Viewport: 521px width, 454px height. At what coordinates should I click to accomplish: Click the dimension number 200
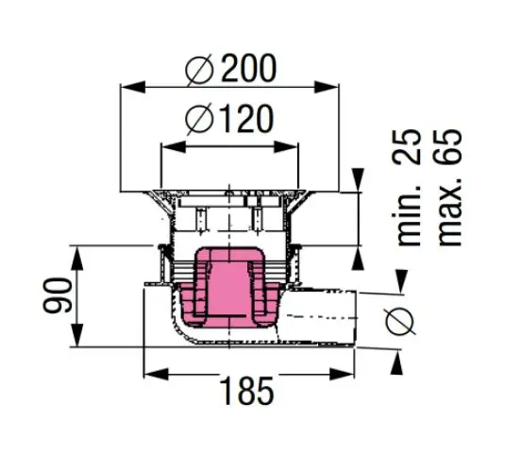[x=248, y=68]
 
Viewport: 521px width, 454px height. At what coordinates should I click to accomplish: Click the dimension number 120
[x=247, y=119]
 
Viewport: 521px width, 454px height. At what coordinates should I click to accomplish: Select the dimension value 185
[x=247, y=391]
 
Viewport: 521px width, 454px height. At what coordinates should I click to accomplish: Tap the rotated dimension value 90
[x=58, y=295]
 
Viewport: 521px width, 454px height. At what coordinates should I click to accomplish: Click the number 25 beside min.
[x=408, y=146]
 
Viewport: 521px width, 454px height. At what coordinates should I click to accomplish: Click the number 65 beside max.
[x=448, y=146]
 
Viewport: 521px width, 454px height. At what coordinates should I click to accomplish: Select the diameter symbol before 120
[x=199, y=119]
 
